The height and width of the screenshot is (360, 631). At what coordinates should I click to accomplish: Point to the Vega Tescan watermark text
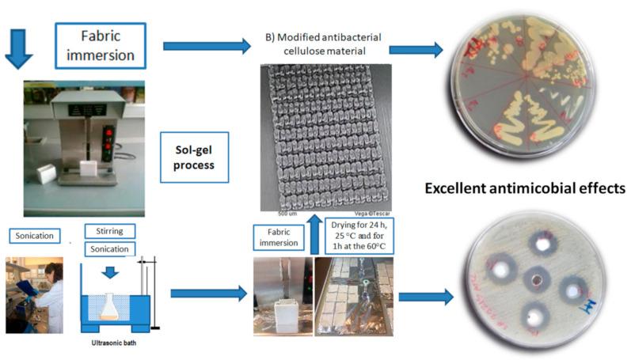(x=371, y=213)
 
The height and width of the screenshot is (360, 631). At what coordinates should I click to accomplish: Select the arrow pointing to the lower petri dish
(x=425, y=297)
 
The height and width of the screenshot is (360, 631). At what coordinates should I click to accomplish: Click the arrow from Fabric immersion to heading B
(x=207, y=47)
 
